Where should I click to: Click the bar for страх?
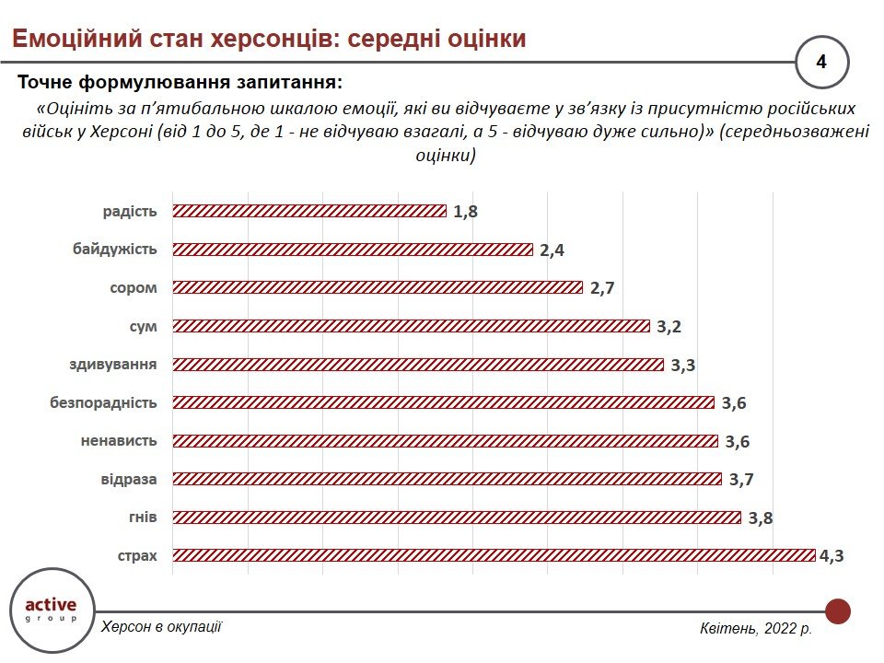point(494,555)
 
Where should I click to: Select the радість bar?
point(309,211)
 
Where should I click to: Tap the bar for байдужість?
point(353,250)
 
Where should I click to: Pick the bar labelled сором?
point(378,287)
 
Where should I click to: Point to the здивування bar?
point(418,365)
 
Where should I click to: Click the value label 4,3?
point(832,556)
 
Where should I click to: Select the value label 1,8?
point(466,212)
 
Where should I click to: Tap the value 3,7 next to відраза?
point(740,480)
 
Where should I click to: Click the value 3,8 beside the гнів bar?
point(761,518)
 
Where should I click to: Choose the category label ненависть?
point(119,440)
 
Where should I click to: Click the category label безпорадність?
point(102,402)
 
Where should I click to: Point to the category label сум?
point(143,325)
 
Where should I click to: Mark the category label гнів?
point(142,517)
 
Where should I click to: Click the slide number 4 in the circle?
point(821,63)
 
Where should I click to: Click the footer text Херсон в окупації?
point(161,626)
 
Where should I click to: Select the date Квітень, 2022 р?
point(755,629)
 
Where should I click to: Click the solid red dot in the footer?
point(838,611)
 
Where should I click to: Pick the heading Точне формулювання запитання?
point(180,83)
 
